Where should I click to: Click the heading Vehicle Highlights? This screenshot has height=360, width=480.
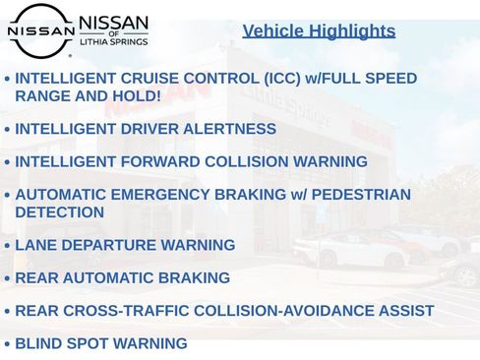point(319,30)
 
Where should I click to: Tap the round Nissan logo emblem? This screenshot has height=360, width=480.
point(40,30)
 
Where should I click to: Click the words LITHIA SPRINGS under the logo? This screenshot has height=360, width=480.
point(114,47)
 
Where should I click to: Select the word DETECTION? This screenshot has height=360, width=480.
point(59,212)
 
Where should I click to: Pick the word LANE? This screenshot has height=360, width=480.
point(35,245)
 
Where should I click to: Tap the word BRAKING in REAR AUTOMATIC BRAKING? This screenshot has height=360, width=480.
point(195,278)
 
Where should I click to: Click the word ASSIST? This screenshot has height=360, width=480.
point(403,311)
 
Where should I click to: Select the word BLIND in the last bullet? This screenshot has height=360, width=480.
point(39,343)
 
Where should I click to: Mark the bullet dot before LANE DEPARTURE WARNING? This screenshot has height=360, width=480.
point(8,246)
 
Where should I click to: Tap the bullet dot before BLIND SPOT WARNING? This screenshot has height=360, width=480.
point(8,344)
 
